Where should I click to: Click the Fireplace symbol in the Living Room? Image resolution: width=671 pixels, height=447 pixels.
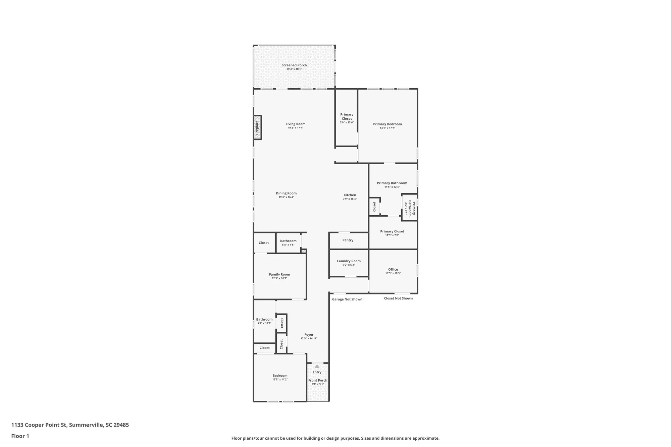257,127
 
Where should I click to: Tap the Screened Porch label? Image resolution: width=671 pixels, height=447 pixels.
294,65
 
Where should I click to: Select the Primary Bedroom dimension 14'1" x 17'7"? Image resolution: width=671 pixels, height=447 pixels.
387,128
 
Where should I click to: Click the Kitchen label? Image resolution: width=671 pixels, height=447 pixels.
350,195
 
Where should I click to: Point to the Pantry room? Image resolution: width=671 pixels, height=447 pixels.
348,240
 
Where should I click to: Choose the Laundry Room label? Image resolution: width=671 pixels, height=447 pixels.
349,261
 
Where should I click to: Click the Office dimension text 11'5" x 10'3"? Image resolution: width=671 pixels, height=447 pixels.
393,273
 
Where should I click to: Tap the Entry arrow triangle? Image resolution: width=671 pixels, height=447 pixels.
317,366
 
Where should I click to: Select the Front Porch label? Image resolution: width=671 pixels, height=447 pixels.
318,380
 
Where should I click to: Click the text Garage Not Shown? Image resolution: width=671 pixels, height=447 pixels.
347,299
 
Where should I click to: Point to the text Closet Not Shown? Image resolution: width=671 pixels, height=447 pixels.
398,298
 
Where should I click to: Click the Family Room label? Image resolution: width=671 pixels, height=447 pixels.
279,274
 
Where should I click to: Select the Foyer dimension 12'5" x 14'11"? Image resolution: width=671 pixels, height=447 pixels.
309,339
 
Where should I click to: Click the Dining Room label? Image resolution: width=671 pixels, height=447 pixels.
286,193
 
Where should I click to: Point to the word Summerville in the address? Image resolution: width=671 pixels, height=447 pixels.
86,425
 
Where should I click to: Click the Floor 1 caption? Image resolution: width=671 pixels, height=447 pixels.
20,436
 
